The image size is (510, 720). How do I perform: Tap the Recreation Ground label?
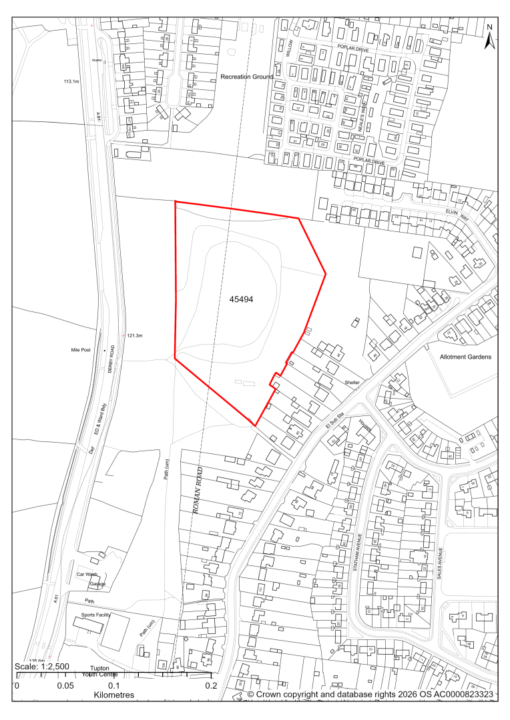(247, 77)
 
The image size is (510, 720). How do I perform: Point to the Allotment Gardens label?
(465, 357)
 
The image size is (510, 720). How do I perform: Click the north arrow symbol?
(489, 39)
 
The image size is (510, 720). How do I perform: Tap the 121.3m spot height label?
(135, 335)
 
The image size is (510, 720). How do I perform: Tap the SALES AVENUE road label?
(441, 565)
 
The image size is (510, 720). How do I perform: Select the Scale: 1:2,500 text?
(41, 667)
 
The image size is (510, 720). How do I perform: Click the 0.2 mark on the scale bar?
(212, 685)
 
